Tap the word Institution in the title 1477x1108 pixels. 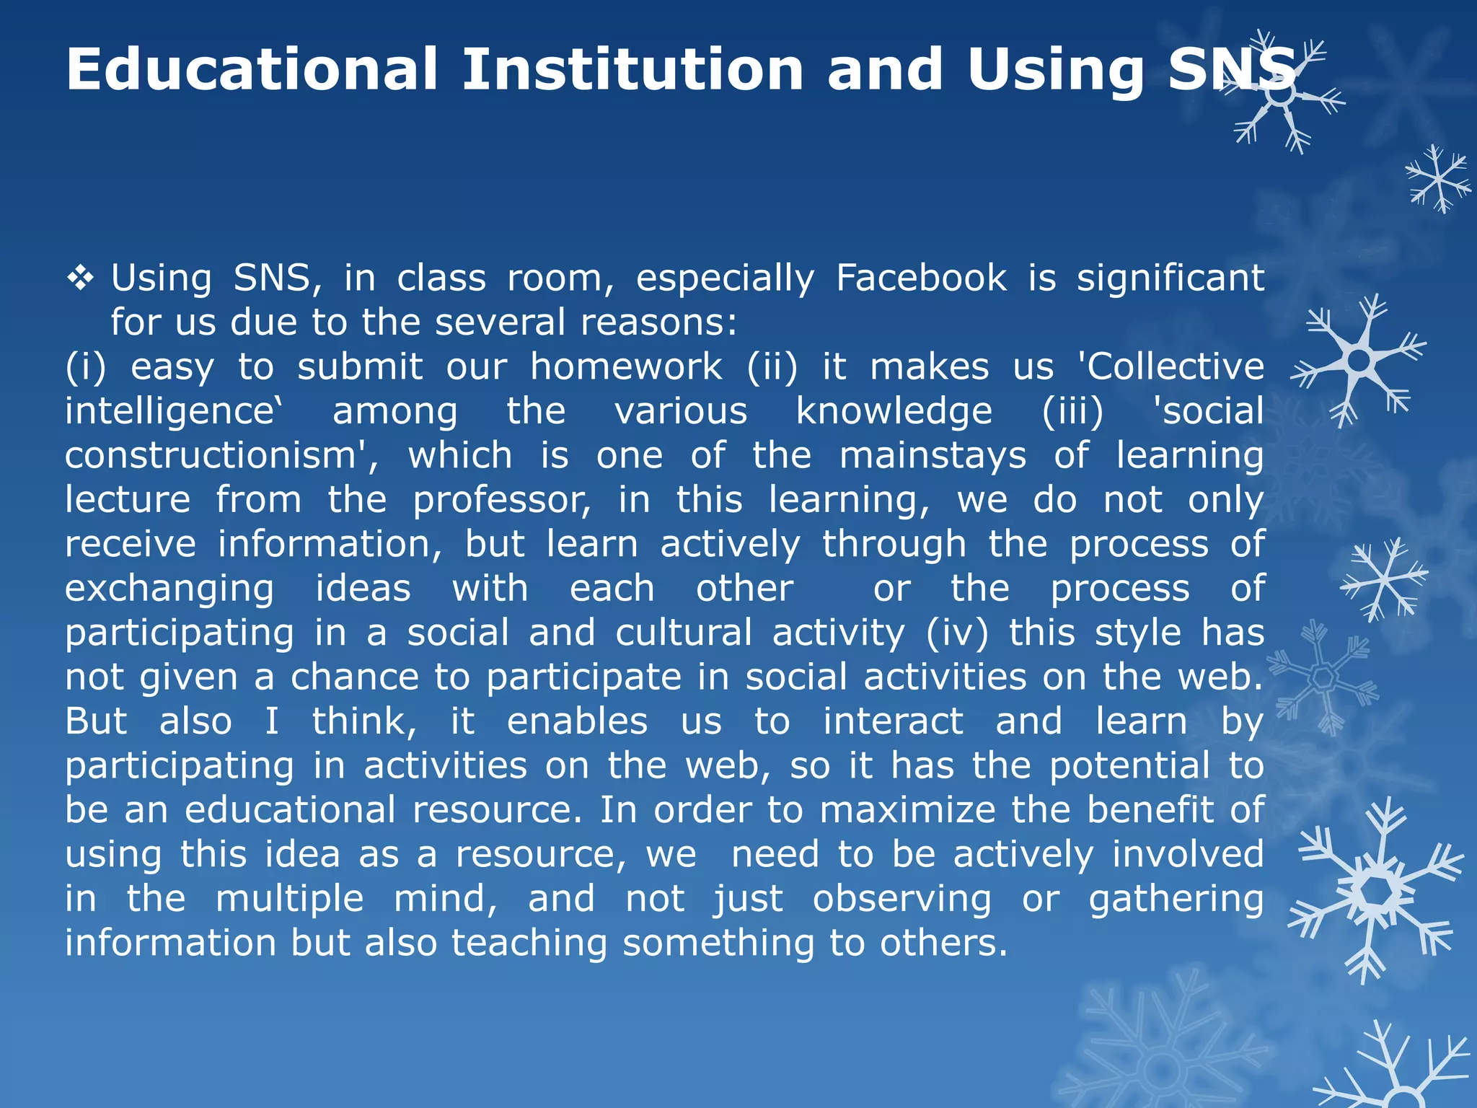tap(632, 69)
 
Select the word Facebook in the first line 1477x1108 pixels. tap(921, 278)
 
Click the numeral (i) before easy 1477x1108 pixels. tap(85, 367)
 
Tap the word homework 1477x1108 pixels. tap(626, 367)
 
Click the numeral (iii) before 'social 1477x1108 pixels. tap(1072, 412)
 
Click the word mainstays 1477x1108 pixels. tap(933, 456)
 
